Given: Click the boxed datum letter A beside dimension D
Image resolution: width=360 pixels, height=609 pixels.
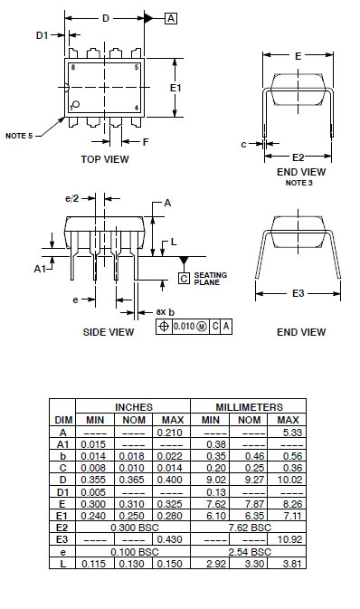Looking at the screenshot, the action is [x=171, y=18].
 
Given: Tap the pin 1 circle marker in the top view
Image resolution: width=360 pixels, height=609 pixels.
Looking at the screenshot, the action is [x=76, y=104].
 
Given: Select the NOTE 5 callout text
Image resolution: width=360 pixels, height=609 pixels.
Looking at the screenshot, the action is [x=19, y=136].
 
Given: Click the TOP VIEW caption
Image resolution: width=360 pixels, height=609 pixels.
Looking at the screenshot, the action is [x=104, y=159].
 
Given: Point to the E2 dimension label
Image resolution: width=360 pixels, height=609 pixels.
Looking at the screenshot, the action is [x=298, y=157].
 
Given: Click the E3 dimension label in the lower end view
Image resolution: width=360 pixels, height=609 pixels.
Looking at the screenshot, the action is [x=298, y=293].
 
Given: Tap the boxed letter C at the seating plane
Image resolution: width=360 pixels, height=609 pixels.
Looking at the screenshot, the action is [x=185, y=278].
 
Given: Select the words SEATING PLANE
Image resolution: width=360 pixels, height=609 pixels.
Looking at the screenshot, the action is [x=210, y=279].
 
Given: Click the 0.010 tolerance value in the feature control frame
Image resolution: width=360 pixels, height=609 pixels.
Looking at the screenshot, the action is [x=184, y=326].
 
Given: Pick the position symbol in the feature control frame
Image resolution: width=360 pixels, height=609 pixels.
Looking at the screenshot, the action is [x=164, y=326].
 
